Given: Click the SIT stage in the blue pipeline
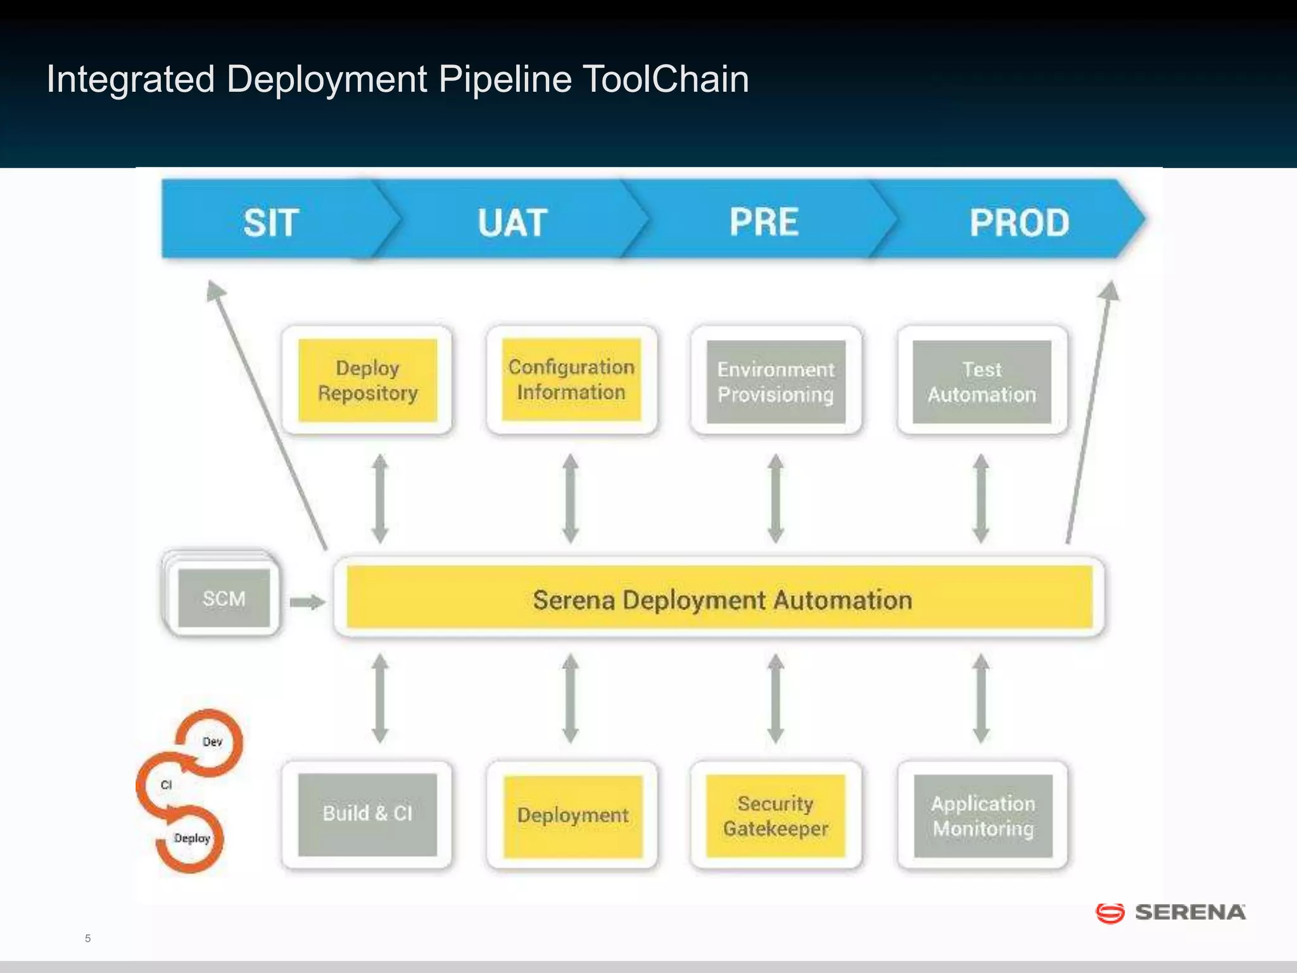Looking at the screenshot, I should click(271, 222).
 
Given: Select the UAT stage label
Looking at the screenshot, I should click(512, 222).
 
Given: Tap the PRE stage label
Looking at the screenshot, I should click(764, 222).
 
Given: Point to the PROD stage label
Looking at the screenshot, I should click(1019, 222).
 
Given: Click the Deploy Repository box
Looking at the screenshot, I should click(367, 381).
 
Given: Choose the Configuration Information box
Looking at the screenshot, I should click(571, 379).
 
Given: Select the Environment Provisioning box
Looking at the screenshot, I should click(776, 382).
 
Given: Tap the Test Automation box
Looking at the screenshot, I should click(982, 382).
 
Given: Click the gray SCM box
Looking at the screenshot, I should click(224, 598).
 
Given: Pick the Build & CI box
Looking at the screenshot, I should click(367, 814).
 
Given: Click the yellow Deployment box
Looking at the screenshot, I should click(573, 815).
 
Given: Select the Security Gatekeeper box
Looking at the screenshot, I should click(776, 816).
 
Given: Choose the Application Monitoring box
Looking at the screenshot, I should click(983, 816).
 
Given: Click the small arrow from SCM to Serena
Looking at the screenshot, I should click(307, 602).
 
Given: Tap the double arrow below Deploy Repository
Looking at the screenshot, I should click(380, 499).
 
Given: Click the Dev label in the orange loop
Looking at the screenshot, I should click(212, 742).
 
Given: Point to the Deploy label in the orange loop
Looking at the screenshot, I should click(192, 838).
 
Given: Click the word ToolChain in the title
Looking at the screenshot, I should click(665, 80).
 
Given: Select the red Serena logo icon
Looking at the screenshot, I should click(1110, 913).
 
